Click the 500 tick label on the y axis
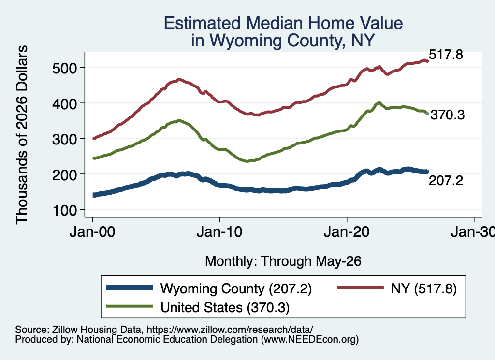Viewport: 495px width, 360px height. coord(64,68)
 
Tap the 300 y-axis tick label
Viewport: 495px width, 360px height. coord(64,139)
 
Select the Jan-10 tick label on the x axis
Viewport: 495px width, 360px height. coord(219,232)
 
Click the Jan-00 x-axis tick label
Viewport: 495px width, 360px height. coord(92,232)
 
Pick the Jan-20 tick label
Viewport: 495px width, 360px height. coord(347,232)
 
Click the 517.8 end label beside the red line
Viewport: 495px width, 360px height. coord(446,54)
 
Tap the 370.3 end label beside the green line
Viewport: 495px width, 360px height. coord(447,115)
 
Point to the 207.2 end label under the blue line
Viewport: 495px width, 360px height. coord(446,180)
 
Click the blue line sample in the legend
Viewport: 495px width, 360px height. coord(130,288)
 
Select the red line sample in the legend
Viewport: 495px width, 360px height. coord(361,288)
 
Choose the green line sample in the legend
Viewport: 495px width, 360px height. coord(130,306)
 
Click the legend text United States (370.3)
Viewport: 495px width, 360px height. coord(225,308)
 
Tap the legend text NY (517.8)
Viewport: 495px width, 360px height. coord(423,288)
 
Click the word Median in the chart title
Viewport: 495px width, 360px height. coord(274,23)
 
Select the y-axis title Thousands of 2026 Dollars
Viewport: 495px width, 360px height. coord(21,135)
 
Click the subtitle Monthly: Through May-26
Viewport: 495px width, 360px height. coord(283,261)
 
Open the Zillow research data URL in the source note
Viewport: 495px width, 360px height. coord(230,330)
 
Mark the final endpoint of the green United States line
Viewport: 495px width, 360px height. coord(427,113)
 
